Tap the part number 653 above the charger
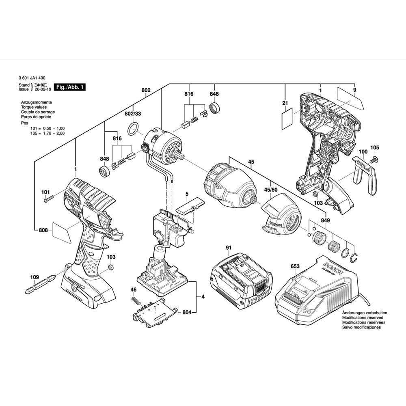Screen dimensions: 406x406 pyautogui.click(x=295, y=266)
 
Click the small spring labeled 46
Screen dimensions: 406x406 pyautogui.click(x=137, y=302)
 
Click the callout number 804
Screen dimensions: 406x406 pyautogui.click(x=187, y=312)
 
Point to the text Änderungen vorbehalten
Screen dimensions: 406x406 pyautogui.click(x=364, y=313)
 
